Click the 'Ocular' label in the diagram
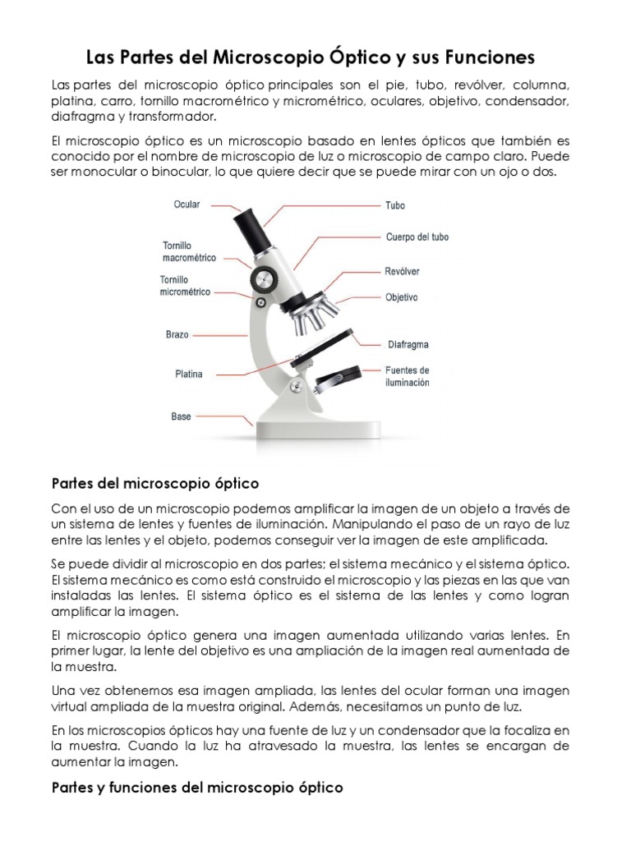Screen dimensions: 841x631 tap(187, 205)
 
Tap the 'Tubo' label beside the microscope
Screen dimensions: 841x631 tap(395, 205)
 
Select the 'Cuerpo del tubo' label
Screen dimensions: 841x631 tap(417, 237)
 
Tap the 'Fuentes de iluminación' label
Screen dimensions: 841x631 tap(408, 376)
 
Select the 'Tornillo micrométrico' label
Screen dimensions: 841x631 tap(185, 286)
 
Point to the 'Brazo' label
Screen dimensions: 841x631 tap(177, 335)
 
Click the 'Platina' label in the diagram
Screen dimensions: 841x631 tap(188, 374)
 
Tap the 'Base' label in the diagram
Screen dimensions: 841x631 tap(181, 416)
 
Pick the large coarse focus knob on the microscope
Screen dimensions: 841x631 tap(264, 278)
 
